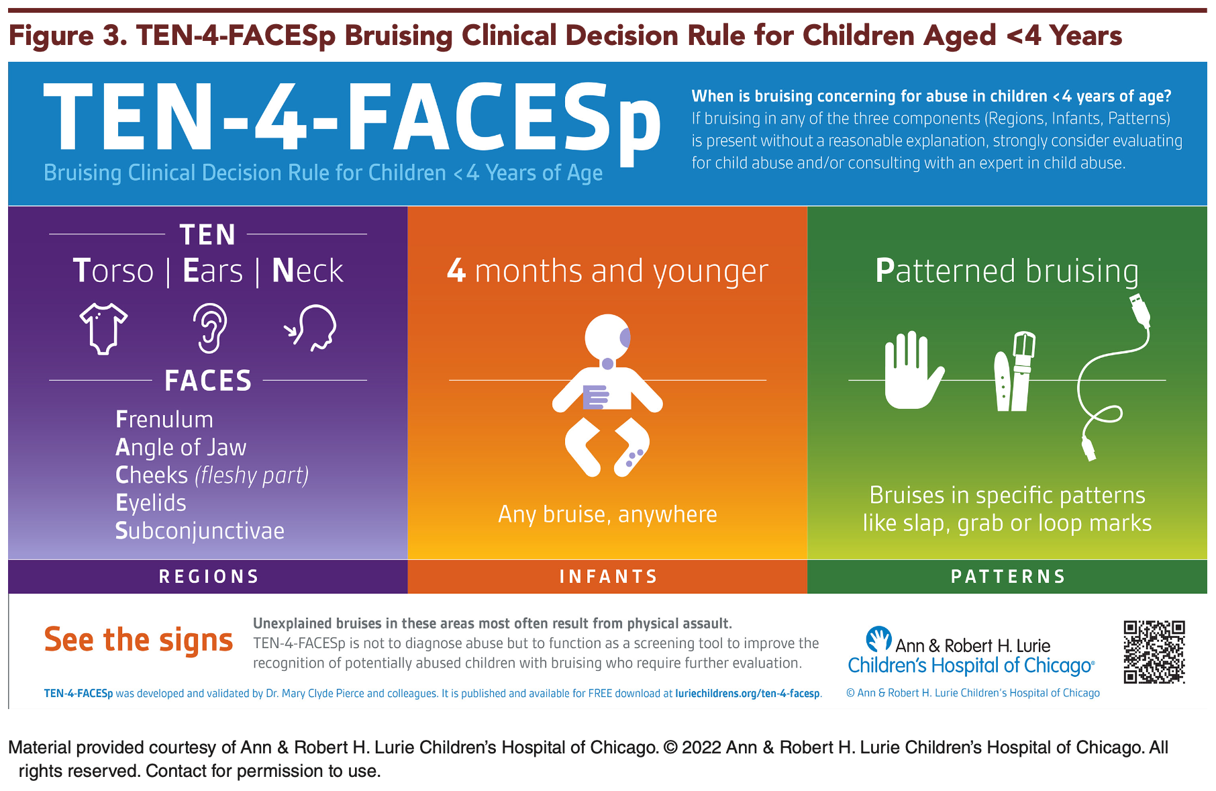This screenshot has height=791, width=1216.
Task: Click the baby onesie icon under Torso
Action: pos(103,328)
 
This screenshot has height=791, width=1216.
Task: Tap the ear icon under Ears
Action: pos(209,328)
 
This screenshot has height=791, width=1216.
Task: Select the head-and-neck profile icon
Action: pos(311,328)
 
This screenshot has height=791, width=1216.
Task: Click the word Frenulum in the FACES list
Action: pos(164,419)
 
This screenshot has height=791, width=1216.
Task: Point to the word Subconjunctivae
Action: pos(200,530)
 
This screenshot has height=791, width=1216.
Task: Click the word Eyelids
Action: pos(151,503)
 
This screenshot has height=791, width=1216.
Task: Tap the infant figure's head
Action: pos(607,337)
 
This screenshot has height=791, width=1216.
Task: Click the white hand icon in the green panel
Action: pos(913,370)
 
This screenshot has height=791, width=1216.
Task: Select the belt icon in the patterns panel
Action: pos(1014,371)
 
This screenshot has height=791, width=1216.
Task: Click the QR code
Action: pos(1154,652)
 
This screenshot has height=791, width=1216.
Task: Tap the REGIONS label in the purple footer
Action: pos(209,577)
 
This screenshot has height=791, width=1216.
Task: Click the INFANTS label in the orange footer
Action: pos(608,577)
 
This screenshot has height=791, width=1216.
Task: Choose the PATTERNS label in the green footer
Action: pos(1008,577)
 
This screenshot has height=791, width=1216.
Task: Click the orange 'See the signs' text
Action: pos(138,641)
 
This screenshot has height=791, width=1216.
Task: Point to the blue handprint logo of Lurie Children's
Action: pos(878,639)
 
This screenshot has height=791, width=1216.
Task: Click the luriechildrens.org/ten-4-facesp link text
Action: pos(748,694)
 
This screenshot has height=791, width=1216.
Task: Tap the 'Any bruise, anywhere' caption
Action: pos(607,514)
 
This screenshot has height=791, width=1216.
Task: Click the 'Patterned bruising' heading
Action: pos(1007,271)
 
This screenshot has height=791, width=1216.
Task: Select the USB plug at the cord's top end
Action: pos(1140,310)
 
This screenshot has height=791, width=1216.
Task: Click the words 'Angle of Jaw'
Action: pos(181,447)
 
